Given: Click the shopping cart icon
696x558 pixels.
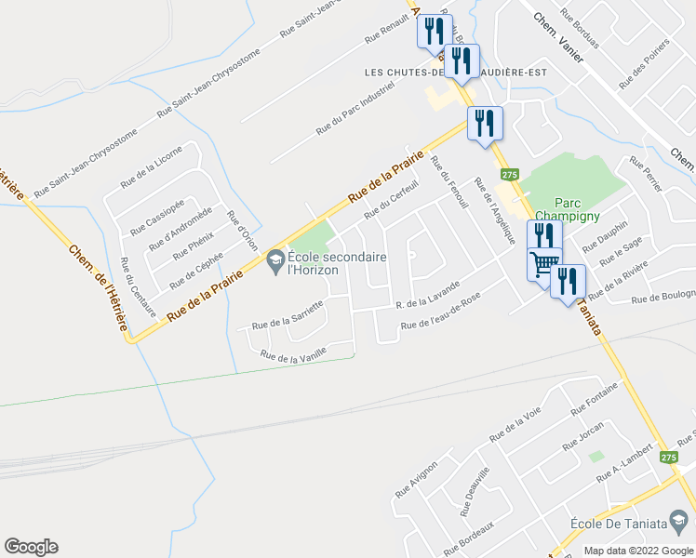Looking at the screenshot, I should pyautogui.click(x=544, y=264).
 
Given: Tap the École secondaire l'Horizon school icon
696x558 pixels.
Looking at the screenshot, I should pyautogui.click(x=275, y=262).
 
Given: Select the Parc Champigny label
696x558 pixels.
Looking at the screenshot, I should pyautogui.click(x=581, y=210).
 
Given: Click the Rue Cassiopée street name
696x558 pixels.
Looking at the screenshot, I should pyautogui.click(x=158, y=216).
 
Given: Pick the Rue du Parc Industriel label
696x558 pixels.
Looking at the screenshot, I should pyautogui.click(x=355, y=109).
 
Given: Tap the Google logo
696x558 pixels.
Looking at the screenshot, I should pyautogui.click(x=31, y=547).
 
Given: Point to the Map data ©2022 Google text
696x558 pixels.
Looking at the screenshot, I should pyautogui.click(x=638, y=551).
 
